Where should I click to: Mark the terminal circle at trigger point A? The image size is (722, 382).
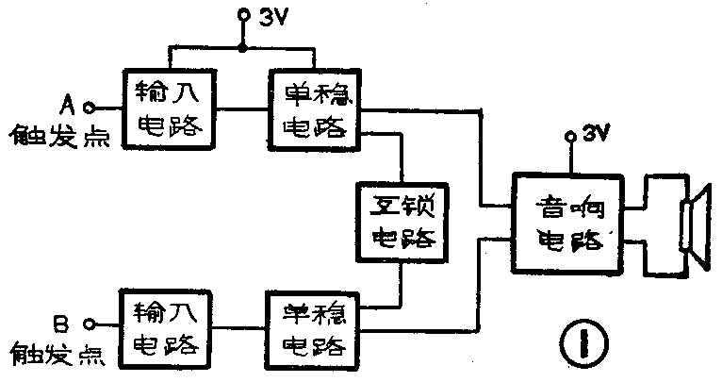pyautogui.click(x=90, y=108)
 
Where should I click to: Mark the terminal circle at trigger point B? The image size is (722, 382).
pyautogui.click(x=88, y=324)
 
